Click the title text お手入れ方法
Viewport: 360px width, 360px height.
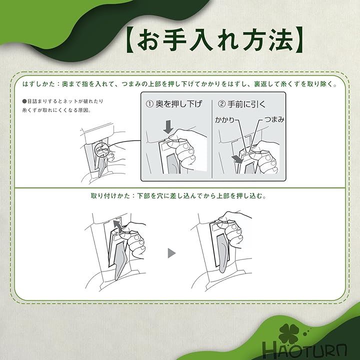[x=215, y=40]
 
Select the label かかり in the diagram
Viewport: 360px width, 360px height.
[x=224, y=120]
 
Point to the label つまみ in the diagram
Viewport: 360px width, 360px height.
[x=274, y=119]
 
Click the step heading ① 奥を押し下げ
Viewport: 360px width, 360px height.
[x=174, y=104]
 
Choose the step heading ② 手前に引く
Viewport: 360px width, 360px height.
[x=241, y=104]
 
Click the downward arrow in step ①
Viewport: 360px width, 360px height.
[x=168, y=127]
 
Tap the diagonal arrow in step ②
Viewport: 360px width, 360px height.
[x=237, y=159]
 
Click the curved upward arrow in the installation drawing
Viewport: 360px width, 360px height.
[x=117, y=226]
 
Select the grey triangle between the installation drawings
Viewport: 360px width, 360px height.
[x=171, y=253]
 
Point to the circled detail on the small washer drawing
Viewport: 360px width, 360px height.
[x=102, y=149]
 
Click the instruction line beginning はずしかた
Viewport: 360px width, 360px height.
[x=180, y=84]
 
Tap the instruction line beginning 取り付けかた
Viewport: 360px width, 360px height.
[x=178, y=196]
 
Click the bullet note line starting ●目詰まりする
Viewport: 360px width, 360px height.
[x=62, y=101]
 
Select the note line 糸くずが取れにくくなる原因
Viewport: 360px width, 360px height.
[x=56, y=110]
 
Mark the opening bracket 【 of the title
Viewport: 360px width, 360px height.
[x=131, y=40]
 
